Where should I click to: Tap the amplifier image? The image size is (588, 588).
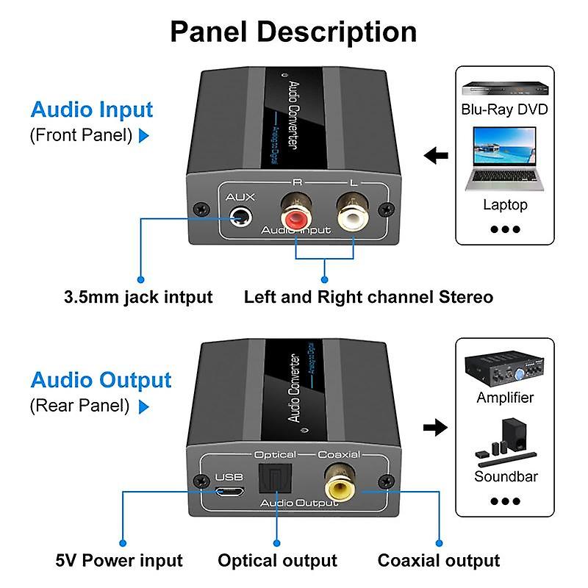click(504, 368)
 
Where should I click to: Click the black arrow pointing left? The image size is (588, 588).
click(437, 156)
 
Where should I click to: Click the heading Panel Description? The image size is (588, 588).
click(293, 32)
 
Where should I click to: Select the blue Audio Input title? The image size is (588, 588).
click(91, 110)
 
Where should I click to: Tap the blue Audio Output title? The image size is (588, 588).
click(101, 380)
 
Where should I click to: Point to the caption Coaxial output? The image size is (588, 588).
click(439, 561)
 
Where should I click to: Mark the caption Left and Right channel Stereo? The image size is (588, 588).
click(367, 297)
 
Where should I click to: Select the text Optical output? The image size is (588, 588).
click(277, 561)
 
